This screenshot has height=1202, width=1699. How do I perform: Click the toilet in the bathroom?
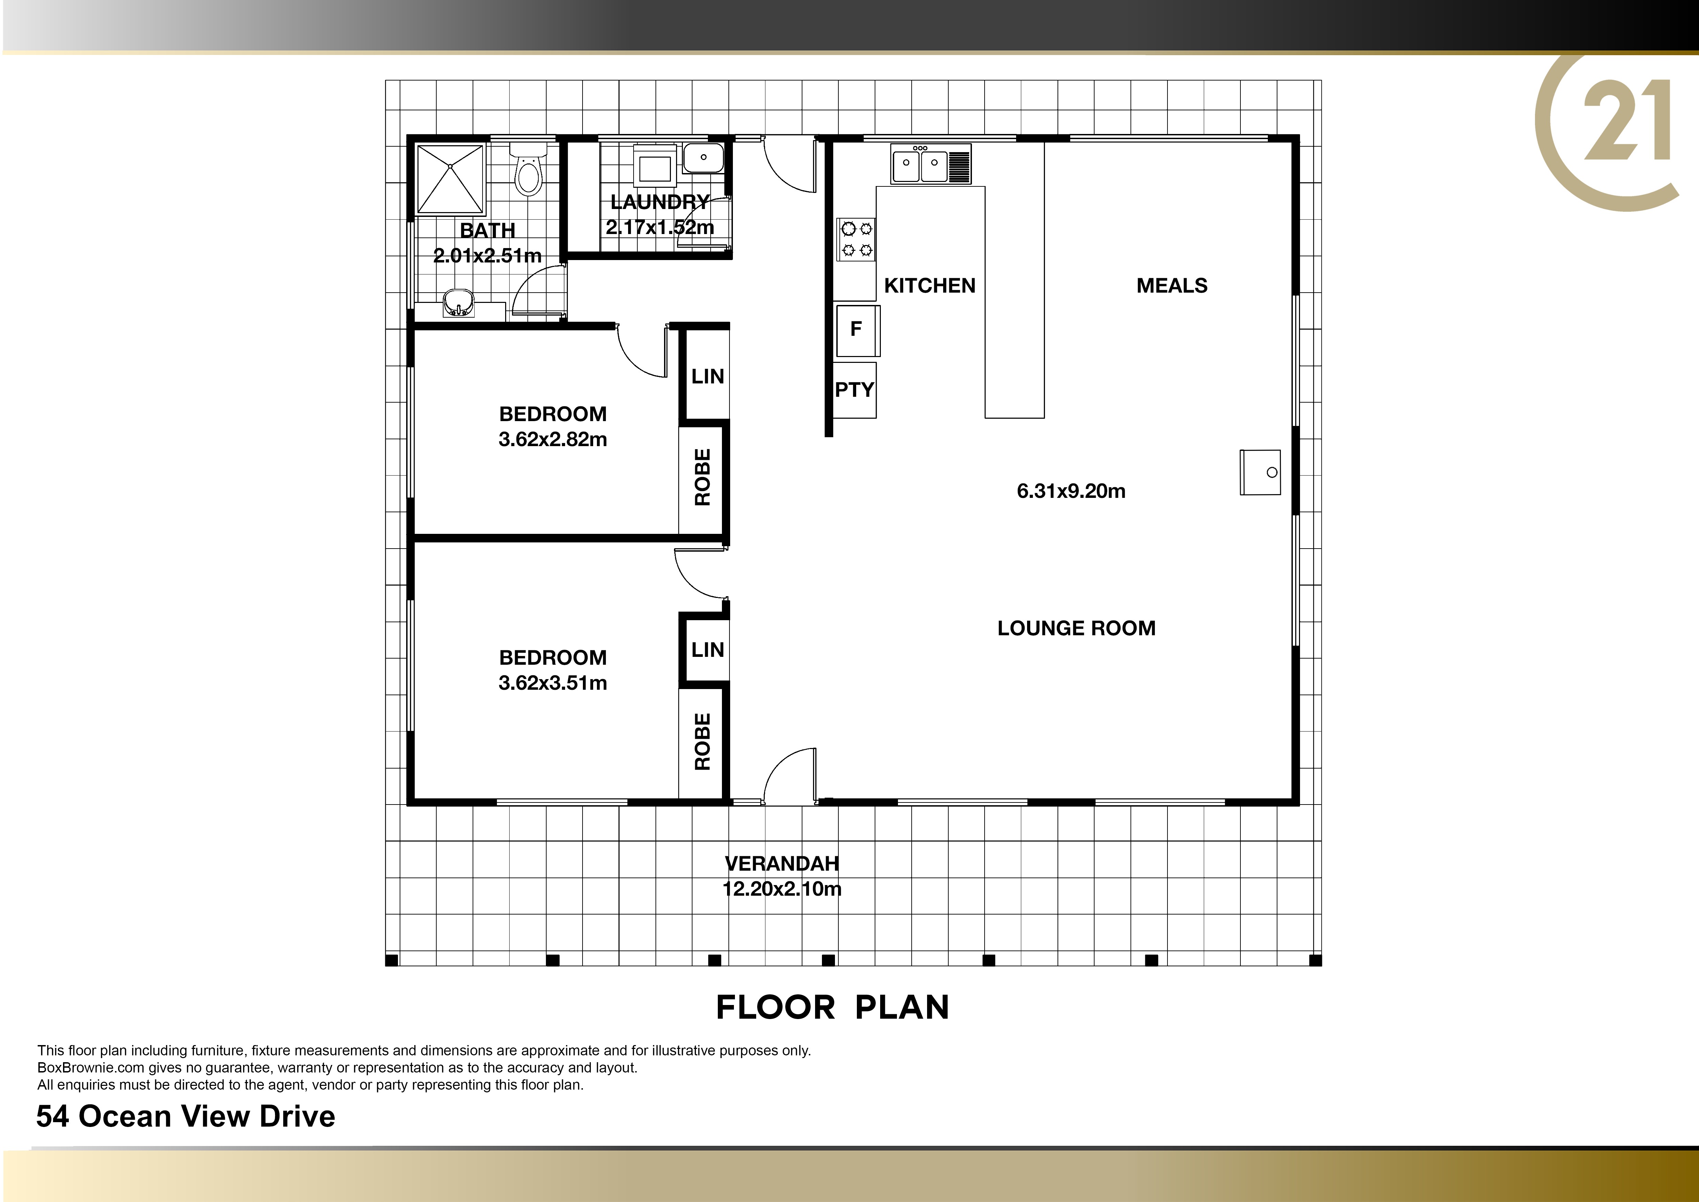tap(528, 170)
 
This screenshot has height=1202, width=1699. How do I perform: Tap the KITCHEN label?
tap(929, 286)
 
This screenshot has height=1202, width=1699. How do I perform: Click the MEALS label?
tap(1171, 286)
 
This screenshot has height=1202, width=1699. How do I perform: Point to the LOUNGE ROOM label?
tap(1076, 628)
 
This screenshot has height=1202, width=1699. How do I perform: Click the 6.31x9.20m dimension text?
tap(1071, 491)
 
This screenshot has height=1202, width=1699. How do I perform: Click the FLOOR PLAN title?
tap(833, 1007)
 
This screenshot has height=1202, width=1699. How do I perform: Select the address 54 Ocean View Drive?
tap(186, 1116)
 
